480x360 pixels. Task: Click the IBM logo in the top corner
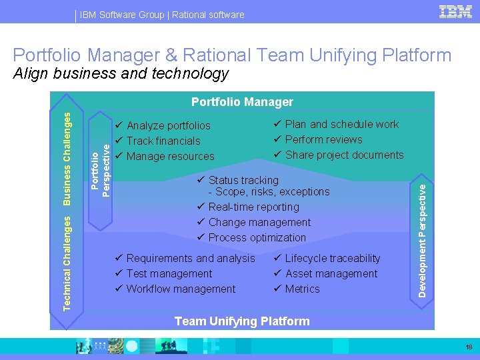click(456, 12)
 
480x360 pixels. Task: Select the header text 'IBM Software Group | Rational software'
click(161, 15)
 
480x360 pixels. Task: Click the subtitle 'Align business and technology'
click(121, 73)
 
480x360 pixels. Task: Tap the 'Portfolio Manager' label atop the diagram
click(242, 102)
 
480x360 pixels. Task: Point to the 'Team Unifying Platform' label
click(242, 321)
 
